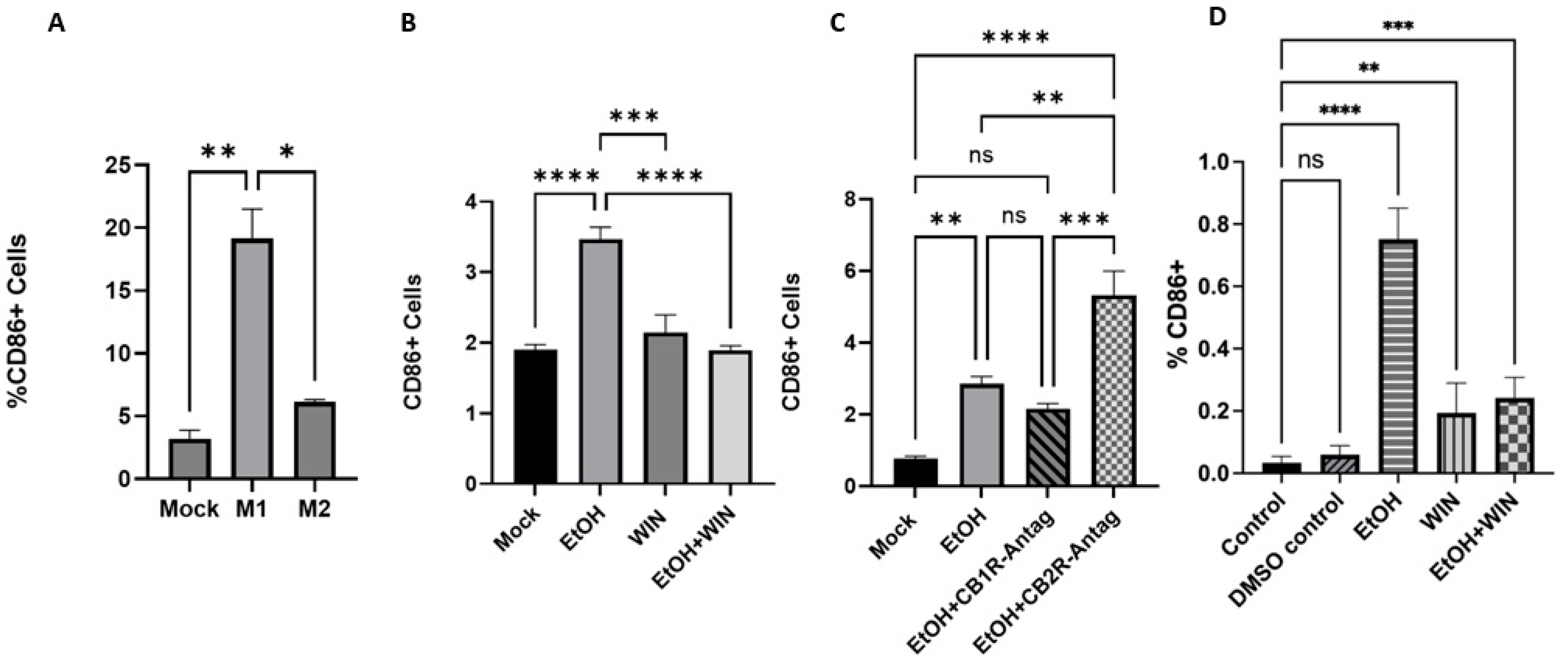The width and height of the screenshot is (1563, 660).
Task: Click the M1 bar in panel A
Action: pyautogui.click(x=252, y=359)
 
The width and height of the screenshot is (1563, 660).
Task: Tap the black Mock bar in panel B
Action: pyautogui.click(x=535, y=417)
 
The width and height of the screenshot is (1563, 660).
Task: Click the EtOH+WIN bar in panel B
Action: pyautogui.click(x=731, y=417)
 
